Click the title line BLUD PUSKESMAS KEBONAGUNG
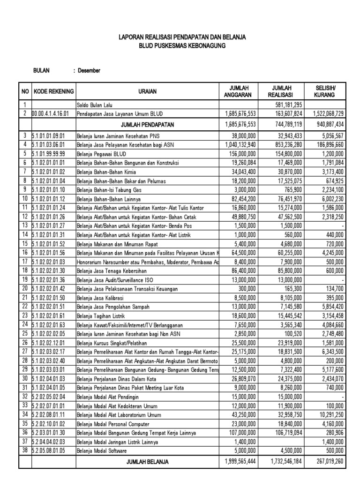(181, 45)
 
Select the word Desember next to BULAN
(89, 71)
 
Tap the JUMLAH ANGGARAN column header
(238, 91)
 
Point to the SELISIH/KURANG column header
(330, 91)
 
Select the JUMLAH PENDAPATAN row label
(147, 125)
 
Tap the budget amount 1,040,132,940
(238, 145)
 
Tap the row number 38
(24, 450)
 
